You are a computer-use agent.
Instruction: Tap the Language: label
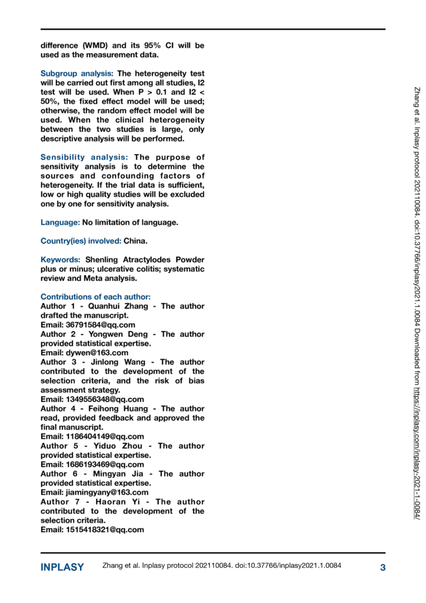(x=60, y=222)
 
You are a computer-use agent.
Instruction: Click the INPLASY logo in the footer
(x=62, y=568)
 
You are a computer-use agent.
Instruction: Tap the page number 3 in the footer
(x=382, y=568)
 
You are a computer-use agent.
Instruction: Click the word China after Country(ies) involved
(x=135, y=241)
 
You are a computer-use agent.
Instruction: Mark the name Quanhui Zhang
(x=120, y=306)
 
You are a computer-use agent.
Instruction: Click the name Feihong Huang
(x=122, y=409)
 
